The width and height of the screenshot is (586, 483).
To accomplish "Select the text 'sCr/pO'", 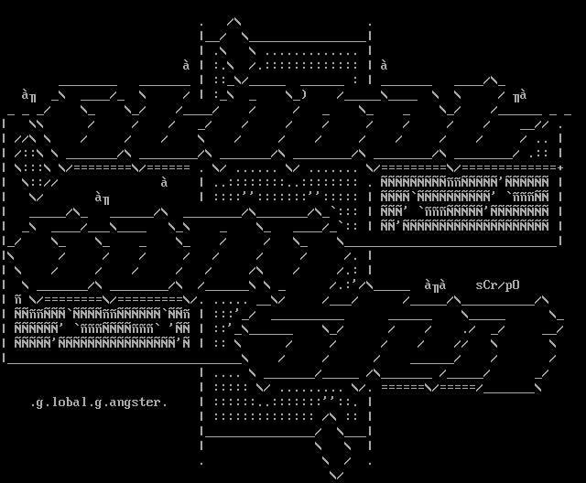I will [x=497, y=284].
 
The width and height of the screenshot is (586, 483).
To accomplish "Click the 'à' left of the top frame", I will [x=186, y=65].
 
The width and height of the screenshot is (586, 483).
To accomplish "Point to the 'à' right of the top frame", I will [x=384, y=65].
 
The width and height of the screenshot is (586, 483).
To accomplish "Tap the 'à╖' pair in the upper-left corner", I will [x=28, y=95].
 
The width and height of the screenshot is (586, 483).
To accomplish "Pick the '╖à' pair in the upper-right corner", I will [x=519, y=95].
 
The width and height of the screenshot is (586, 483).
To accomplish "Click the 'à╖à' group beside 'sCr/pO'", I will [x=435, y=285].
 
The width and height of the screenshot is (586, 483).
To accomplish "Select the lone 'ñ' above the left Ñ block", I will [x=17, y=299].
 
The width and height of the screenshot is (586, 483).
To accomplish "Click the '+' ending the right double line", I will [x=559, y=168].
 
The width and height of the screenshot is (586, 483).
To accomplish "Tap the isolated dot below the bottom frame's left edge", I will [x=201, y=462].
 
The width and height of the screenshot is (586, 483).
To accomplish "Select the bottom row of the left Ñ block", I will [x=101, y=343].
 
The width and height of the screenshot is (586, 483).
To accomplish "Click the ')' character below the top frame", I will [x=303, y=94].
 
